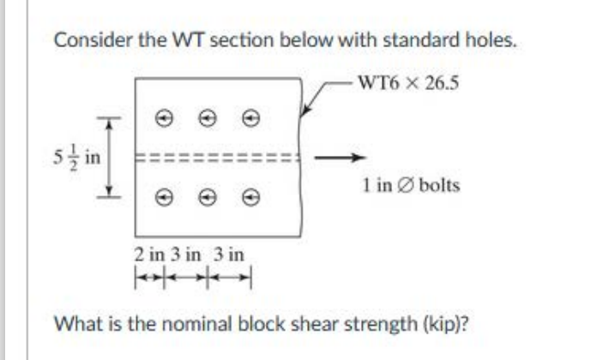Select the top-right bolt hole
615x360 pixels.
click(250, 115)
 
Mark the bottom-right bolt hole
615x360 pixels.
click(250, 196)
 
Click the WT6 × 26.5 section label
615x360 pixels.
click(404, 84)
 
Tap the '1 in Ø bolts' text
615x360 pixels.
click(410, 184)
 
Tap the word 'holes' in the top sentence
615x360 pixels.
click(491, 40)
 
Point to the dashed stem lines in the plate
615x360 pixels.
click(218, 157)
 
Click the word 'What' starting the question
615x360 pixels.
click(72, 324)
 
